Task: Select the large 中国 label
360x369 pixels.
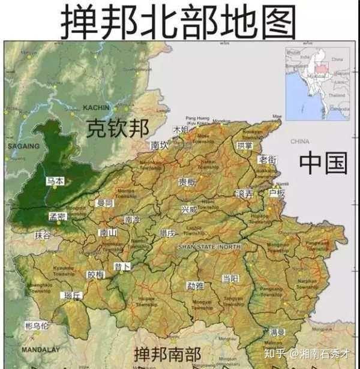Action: pyautogui.click(x=323, y=163)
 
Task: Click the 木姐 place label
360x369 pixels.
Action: pyautogui.click(x=181, y=130)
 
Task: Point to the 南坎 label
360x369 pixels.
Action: pyautogui.click(x=160, y=145)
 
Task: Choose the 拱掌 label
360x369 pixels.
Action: pyautogui.click(x=244, y=145)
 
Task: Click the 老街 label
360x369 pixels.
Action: pyautogui.click(x=268, y=160)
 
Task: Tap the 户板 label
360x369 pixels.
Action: pyautogui.click(x=277, y=193)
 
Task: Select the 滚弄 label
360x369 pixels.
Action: pyautogui.click(x=245, y=194)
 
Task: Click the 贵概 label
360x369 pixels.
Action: pyautogui.click(x=187, y=182)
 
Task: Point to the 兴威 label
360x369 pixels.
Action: pyautogui.click(x=189, y=209)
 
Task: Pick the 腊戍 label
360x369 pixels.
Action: pyautogui.click(x=167, y=233)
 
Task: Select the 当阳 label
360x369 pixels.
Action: pyautogui.click(x=230, y=278)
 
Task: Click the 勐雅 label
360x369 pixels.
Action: pyautogui.click(x=195, y=286)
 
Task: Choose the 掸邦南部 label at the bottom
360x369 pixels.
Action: pyautogui.click(x=167, y=353)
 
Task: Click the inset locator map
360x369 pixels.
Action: pyautogui.click(x=317, y=85)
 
